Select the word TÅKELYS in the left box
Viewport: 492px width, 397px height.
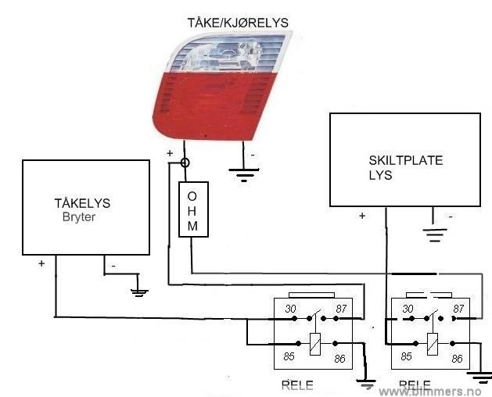coord(82,203)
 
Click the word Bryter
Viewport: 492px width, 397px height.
coord(78,216)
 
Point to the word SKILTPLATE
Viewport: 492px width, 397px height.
coord(405,161)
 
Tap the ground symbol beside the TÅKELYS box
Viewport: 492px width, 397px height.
coord(138,291)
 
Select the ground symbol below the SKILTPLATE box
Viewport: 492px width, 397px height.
coord(435,231)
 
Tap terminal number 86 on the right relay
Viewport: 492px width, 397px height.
coord(458,358)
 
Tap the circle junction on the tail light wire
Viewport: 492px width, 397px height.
coord(185,163)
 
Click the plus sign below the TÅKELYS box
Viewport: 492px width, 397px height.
coord(41,264)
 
